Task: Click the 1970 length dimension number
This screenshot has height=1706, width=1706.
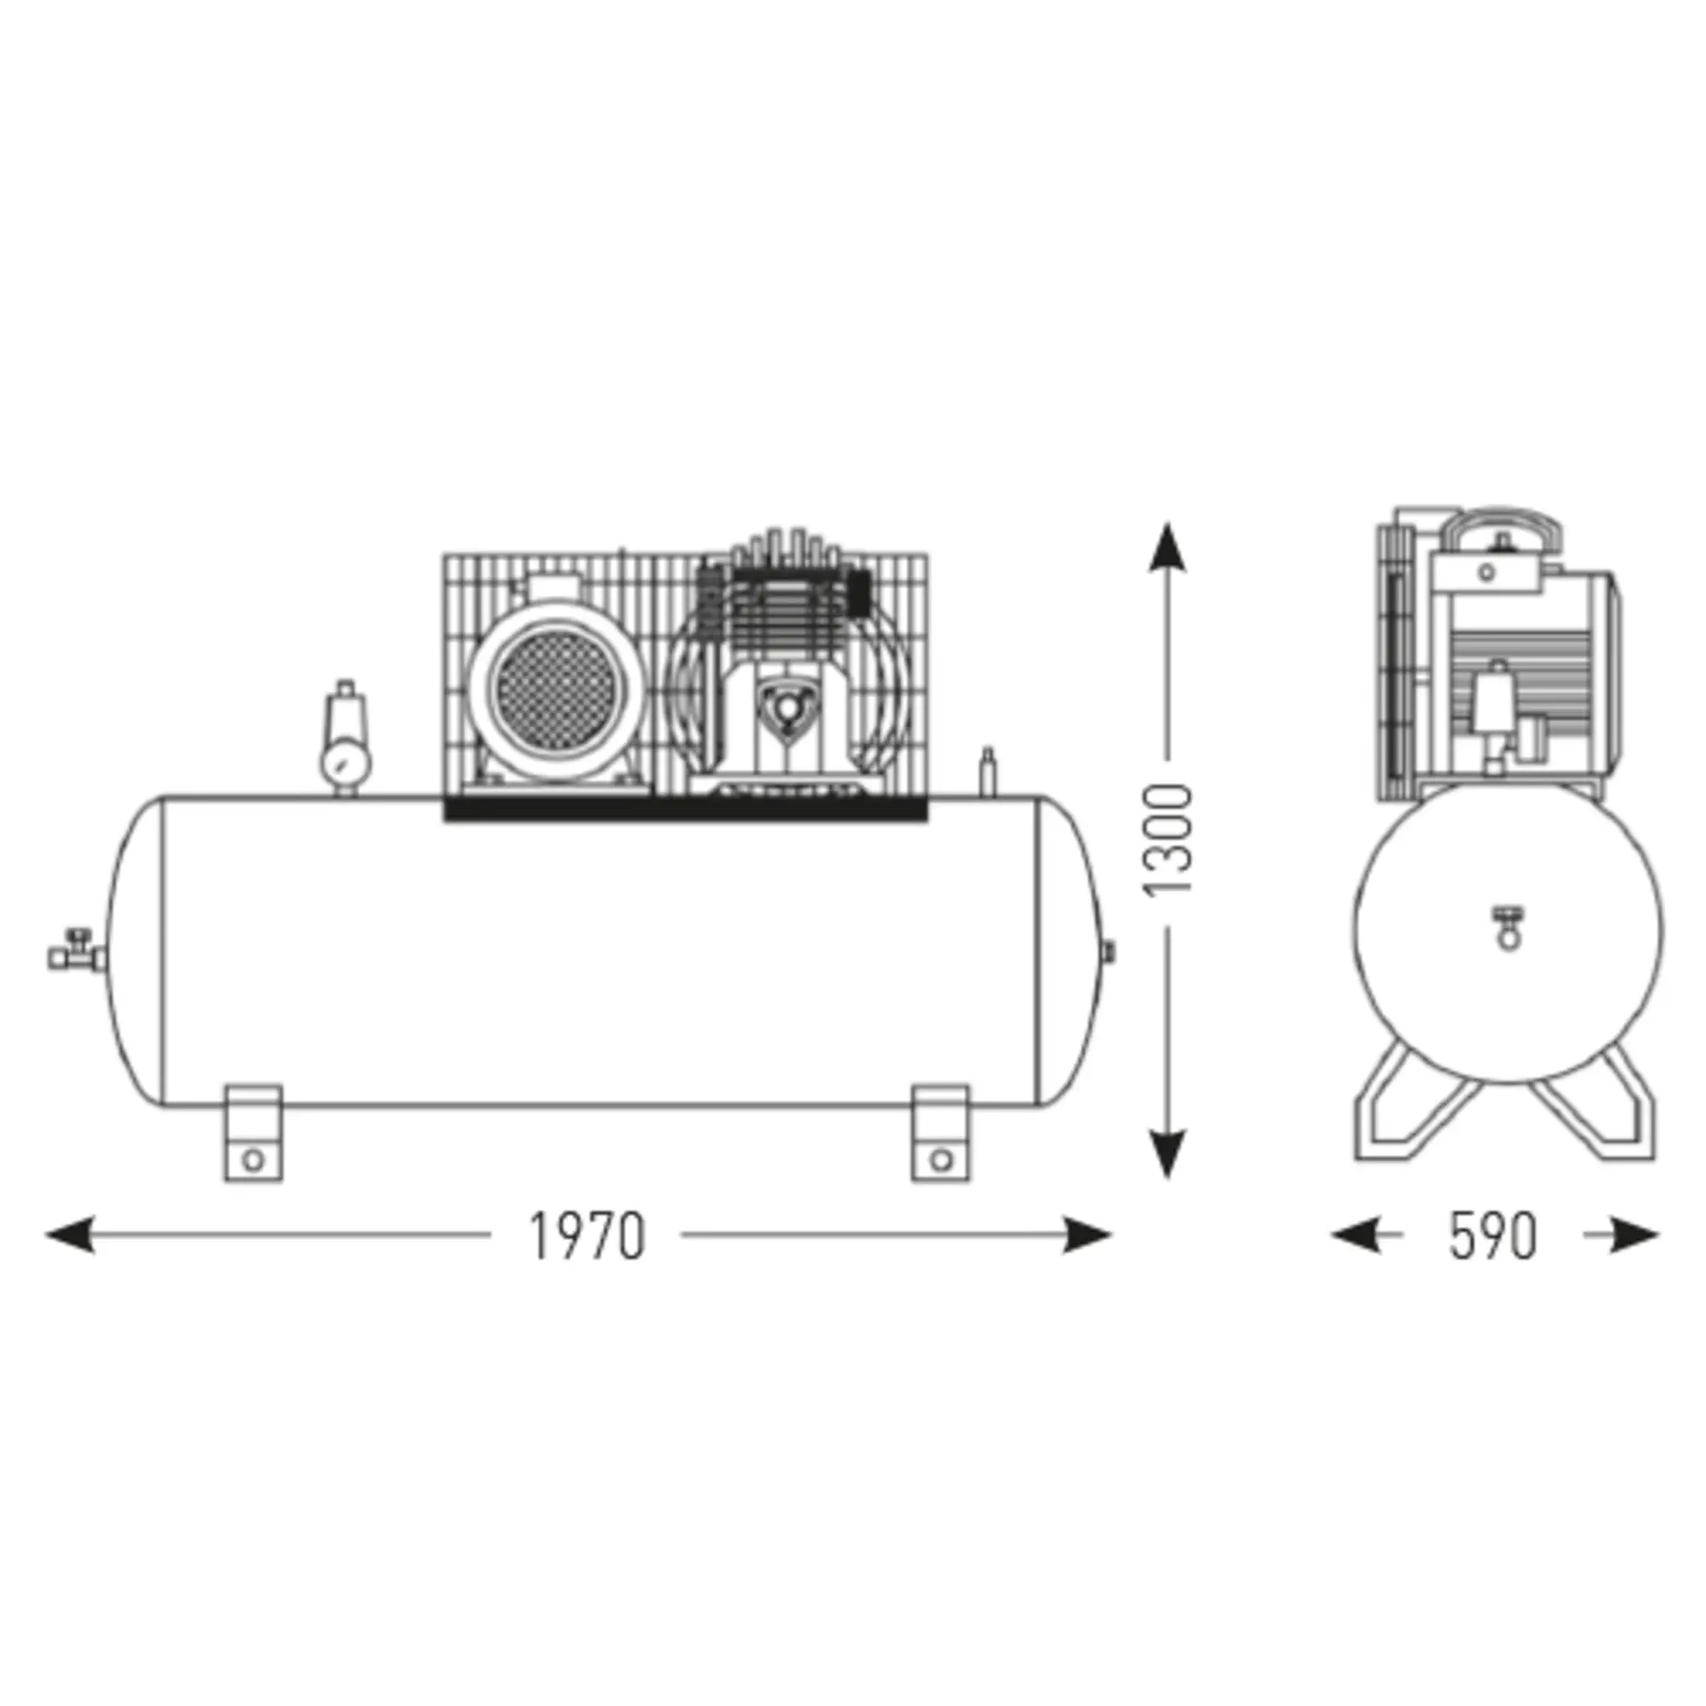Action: click(586, 1235)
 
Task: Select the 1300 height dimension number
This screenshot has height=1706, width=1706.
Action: click(1168, 838)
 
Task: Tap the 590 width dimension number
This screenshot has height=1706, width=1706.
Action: click(1492, 1235)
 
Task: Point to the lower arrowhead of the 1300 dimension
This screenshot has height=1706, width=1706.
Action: click(1168, 1152)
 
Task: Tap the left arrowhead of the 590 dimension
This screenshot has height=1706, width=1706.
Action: click(1355, 1234)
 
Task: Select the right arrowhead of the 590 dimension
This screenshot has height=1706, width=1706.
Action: click(1633, 1234)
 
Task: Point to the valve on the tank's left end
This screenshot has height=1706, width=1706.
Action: click(75, 953)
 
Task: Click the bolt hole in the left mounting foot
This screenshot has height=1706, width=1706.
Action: click(253, 1159)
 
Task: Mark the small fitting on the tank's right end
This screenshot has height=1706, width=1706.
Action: click(1110, 950)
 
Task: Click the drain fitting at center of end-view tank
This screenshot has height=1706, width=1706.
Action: click(1508, 927)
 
